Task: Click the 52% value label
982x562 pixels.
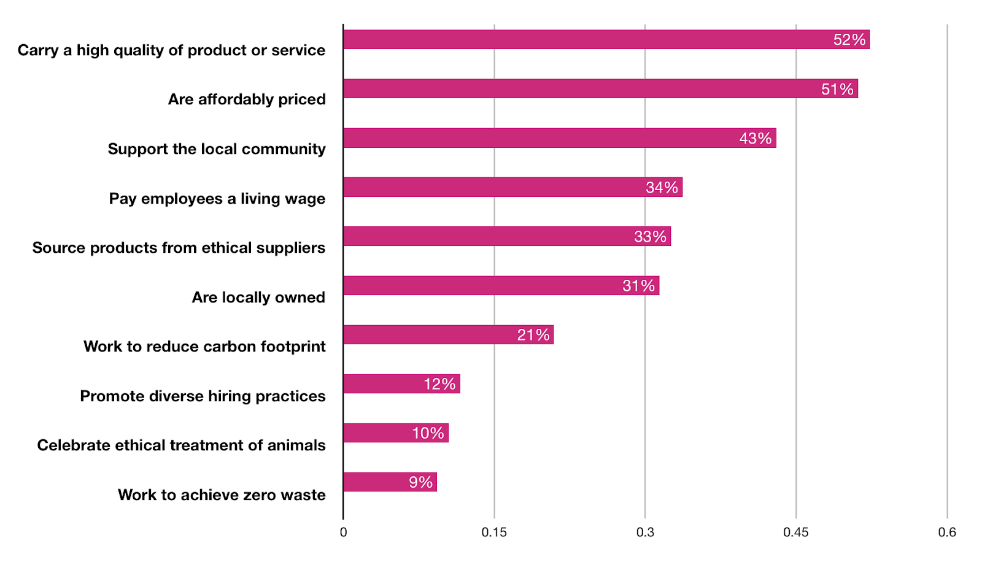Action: (849, 40)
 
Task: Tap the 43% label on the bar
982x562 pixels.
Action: (755, 139)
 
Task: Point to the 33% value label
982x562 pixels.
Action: (650, 237)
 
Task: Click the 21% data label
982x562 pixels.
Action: (533, 335)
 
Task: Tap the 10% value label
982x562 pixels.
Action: (428, 433)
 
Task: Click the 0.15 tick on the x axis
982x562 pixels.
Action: (494, 533)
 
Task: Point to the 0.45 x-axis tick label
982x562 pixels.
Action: (795, 533)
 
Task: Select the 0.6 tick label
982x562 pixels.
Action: (946, 533)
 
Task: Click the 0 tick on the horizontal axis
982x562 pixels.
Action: (343, 533)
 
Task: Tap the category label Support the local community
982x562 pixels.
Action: (217, 149)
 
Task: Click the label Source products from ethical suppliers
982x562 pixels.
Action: (179, 248)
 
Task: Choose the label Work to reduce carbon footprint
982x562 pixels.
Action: (204, 347)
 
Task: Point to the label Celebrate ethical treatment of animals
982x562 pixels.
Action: (181, 445)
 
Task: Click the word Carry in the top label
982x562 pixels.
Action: (37, 50)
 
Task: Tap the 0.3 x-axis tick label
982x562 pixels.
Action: (645, 533)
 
